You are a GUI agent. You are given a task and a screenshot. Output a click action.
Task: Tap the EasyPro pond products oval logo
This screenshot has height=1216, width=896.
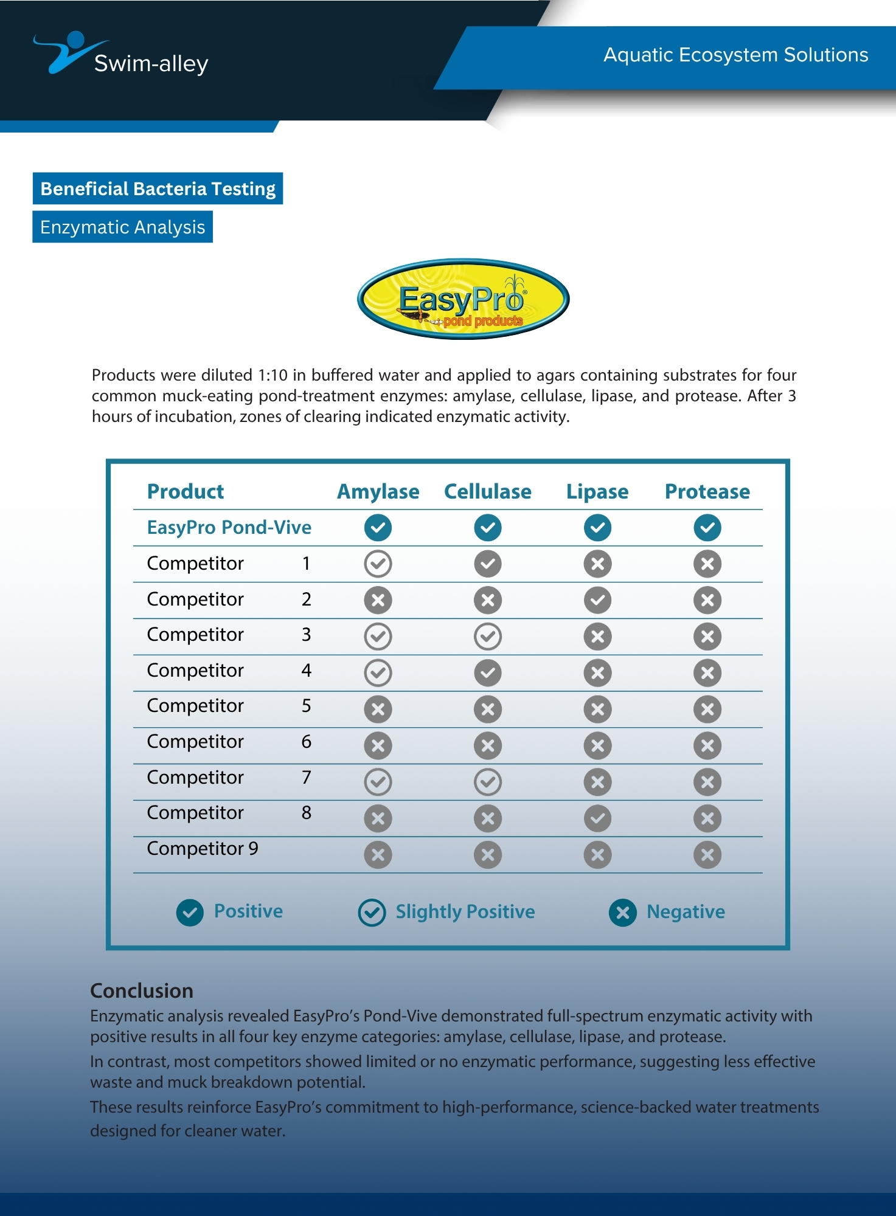coord(463,299)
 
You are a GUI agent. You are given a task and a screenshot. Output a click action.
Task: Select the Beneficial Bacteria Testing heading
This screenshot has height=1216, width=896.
coord(158,188)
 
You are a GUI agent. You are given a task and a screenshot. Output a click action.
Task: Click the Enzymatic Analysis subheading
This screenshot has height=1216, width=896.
coord(122,227)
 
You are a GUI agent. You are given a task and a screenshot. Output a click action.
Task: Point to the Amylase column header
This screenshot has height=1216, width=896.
coord(378,491)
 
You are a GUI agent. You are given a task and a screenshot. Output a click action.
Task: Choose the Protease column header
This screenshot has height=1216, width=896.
coord(707,491)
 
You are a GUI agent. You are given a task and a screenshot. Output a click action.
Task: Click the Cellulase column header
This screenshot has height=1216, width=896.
coord(487,491)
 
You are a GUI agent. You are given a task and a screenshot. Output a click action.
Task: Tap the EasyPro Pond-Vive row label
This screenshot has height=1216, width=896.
coord(229,527)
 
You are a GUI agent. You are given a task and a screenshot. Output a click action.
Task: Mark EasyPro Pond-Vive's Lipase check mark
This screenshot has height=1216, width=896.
coord(597,527)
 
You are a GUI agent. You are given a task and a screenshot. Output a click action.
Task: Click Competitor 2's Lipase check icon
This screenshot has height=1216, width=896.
coord(597,600)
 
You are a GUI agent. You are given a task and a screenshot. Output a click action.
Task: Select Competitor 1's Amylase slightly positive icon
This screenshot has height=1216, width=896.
coord(378,564)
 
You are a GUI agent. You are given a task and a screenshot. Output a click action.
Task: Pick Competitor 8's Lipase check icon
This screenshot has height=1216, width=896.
coord(597,818)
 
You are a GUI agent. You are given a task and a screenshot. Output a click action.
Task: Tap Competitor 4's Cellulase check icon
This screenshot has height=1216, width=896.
coord(487,672)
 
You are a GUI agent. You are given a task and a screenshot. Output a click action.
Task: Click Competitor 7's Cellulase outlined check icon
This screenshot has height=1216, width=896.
coord(487,782)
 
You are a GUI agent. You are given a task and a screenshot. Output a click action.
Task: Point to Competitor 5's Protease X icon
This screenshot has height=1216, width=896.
coord(707,709)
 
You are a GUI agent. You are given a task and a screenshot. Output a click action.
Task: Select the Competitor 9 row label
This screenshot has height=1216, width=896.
coord(203,848)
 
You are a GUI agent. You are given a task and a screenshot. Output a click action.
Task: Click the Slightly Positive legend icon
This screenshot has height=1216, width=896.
coord(372,912)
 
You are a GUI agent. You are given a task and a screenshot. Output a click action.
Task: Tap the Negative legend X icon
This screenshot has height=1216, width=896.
coord(622,912)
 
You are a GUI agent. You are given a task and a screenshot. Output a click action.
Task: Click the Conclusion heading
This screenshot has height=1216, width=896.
coord(142,990)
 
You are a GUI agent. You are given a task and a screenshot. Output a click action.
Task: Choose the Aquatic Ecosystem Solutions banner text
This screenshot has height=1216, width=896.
coord(735,55)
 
